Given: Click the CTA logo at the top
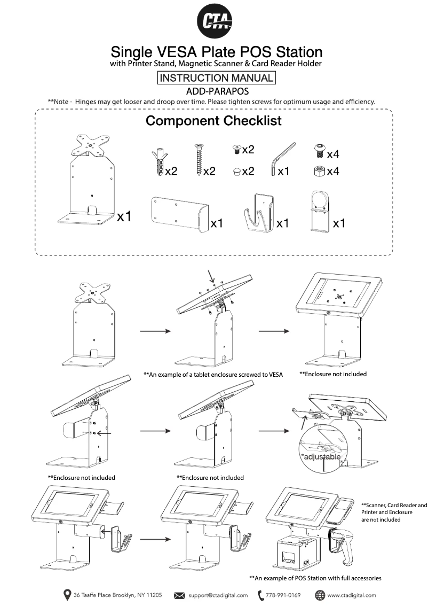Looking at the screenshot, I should coord(217,21).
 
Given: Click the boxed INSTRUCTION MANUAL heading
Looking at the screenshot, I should coord(216,78).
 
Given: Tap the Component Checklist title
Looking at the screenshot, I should coord(213,121).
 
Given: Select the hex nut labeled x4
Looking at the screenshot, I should coord(318,172).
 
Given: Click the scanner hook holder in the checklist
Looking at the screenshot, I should coord(258,213).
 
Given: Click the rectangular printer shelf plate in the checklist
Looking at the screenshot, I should coord(178,213).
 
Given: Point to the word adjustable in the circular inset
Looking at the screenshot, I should coord(320,457).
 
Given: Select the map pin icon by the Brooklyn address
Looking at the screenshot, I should coord(67,595).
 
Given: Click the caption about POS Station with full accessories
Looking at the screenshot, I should coord(315,578).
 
